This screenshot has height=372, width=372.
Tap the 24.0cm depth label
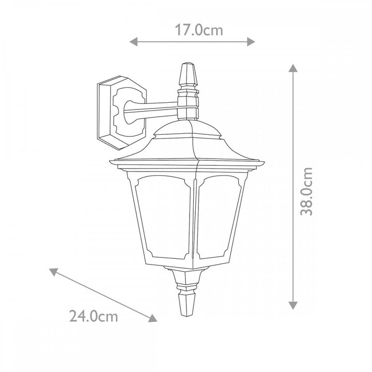click(x=94, y=315)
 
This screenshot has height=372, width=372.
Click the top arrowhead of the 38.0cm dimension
click(x=293, y=68)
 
